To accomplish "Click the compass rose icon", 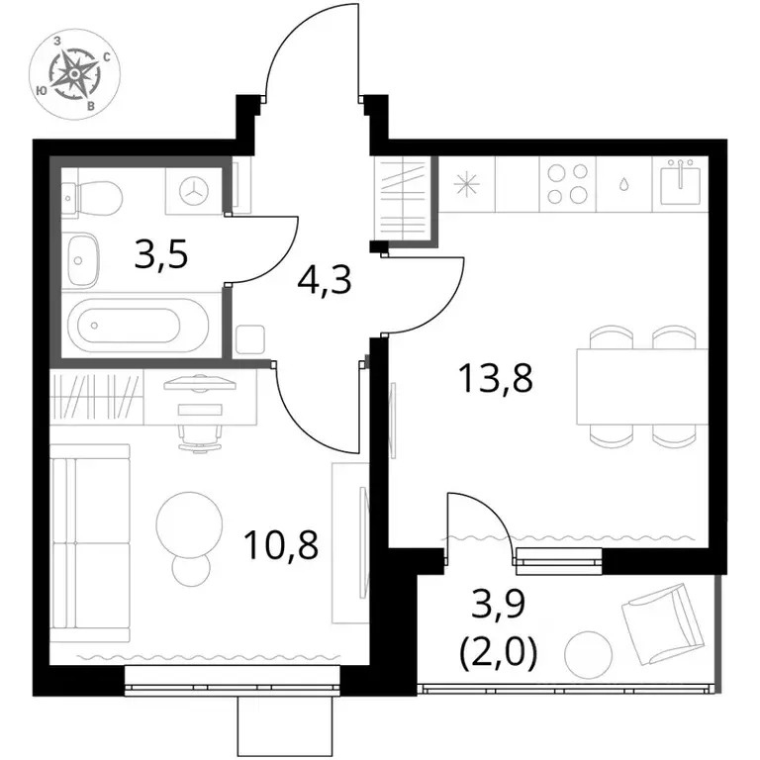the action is tap(74, 73).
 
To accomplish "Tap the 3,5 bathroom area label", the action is tap(161, 256).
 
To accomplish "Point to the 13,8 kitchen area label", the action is tap(498, 379).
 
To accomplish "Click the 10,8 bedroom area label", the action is tap(282, 545).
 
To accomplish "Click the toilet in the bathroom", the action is tap(92, 198).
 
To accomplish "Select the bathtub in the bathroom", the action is tap(139, 325).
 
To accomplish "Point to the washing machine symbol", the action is tap(194, 191).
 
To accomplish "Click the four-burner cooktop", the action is tap(568, 184).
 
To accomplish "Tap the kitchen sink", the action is tap(680, 182).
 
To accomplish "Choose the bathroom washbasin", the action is tap(83, 261).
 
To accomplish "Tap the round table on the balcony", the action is tap(588, 655).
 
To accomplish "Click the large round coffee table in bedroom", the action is tap(190, 525).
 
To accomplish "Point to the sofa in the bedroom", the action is tap(91, 543).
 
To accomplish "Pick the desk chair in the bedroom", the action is tap(200, 437).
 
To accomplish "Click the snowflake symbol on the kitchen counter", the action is tap(466, 184).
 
